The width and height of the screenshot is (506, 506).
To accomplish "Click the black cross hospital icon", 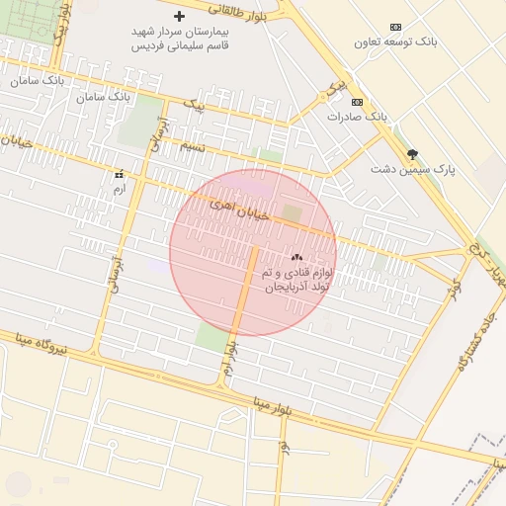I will point(179,17).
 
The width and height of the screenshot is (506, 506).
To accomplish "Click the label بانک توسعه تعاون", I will point(397,42).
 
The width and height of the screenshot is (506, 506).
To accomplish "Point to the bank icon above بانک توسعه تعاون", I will point(396,27).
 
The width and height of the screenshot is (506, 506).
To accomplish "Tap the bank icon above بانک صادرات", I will point(357,102).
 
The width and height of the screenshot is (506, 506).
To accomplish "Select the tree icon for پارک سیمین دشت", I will point(412,153).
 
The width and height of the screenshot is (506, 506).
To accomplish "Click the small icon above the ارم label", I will point(120,174).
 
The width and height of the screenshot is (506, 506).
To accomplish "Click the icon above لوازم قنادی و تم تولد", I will point(297,256).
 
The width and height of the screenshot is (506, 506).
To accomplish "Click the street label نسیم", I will point(192,145).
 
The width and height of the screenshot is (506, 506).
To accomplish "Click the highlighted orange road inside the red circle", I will point(244,296).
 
